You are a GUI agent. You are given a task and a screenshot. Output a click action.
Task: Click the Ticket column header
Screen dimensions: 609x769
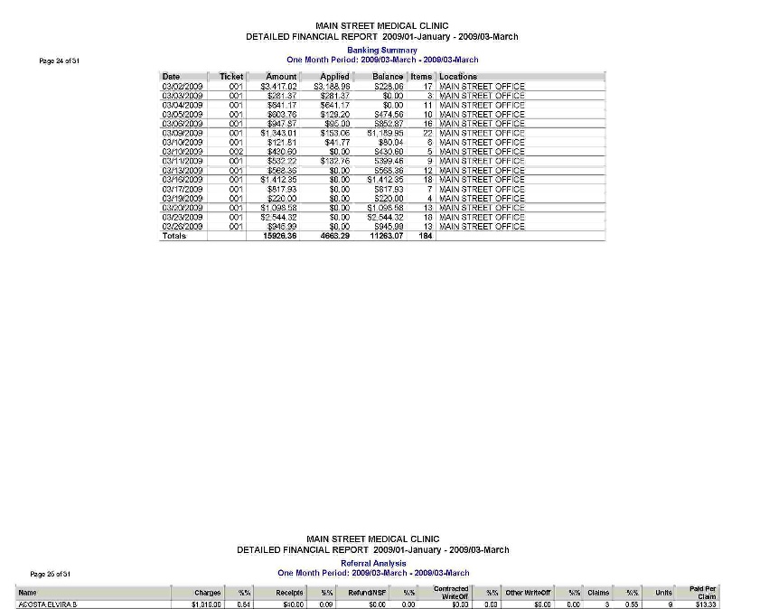(231, 77)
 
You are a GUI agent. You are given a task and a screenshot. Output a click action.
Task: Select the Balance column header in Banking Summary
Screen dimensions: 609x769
(388, 77)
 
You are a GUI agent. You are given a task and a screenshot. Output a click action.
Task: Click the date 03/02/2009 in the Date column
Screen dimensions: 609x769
(182, 86)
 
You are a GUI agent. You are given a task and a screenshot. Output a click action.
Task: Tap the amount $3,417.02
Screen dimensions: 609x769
(278, 86)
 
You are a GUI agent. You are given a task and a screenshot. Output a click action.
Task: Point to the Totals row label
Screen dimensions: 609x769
(173, 236)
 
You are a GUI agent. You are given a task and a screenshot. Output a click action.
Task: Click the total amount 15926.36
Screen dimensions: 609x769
(279, 236)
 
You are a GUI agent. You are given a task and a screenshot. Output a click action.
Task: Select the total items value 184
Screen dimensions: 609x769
(426, 236)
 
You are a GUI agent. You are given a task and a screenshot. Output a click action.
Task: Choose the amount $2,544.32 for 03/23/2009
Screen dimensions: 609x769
(278, 218)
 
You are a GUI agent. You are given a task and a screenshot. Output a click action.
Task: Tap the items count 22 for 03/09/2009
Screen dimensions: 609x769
(428, 133)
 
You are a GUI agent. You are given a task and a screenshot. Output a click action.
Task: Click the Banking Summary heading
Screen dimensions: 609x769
(382, 51)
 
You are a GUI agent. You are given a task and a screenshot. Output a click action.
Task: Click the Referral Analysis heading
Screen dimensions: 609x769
(373, 563)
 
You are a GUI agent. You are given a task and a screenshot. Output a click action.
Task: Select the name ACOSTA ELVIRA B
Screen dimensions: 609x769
(47, 604)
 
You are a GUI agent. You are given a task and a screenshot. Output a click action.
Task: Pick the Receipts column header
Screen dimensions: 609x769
(289, 593)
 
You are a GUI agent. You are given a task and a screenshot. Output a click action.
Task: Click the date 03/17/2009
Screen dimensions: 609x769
(182, 189)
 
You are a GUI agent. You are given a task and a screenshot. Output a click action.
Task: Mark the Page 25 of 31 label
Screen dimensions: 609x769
(51, 574)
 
